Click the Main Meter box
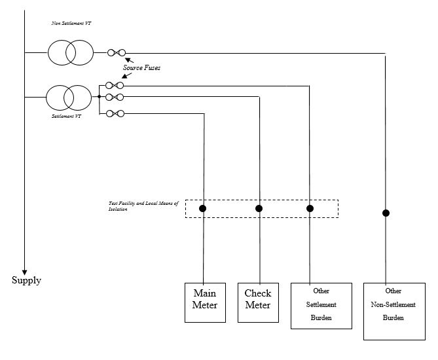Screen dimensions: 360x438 (204, 302)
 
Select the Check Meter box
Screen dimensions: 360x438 (258, 302)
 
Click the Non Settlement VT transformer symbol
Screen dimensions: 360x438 (71, 52)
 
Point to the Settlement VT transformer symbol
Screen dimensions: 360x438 (67, 98)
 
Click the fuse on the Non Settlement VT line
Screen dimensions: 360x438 (117, 52)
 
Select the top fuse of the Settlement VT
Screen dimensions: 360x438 (115, 85)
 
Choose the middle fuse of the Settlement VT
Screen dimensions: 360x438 (115, 98)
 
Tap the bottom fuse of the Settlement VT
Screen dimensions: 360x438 (115, 114)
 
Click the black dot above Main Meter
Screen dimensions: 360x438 (203, 209)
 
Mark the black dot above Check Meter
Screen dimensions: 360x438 (259, 209)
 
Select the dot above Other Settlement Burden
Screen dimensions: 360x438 (310, 209)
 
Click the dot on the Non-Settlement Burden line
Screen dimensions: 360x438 (386, 213)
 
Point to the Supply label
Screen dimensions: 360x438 (26, 281)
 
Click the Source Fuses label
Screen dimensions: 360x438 (141, 67)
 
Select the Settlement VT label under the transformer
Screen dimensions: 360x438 (66, 117)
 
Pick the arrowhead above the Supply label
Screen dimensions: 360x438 (24, 271)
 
